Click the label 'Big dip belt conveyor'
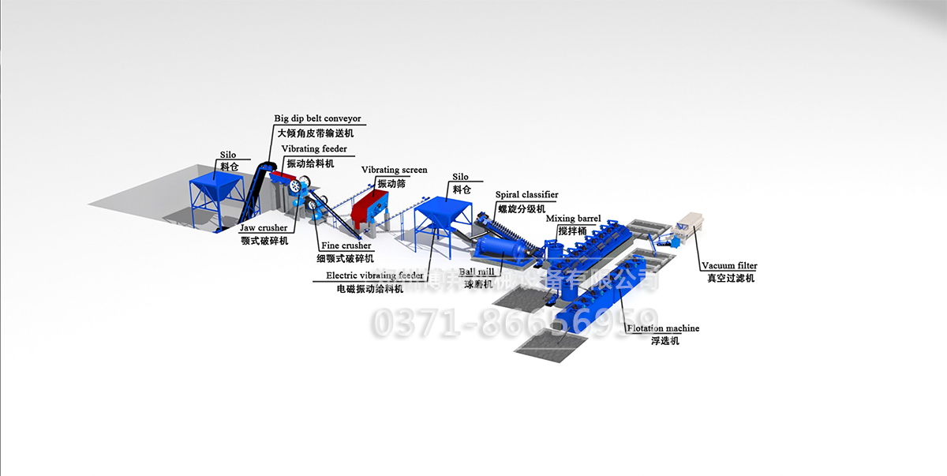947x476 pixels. (x=317, y=118)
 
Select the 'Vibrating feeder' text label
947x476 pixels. (x=313, y=149)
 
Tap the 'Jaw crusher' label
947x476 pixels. (x=264, y=228)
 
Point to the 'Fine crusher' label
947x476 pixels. (x=346, y=245)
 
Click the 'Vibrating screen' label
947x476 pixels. (x=394, y=170)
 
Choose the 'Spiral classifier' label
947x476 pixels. (x=526, y=194)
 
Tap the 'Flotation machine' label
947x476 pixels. (x=664, y=328)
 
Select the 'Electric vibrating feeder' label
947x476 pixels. (x=375, y=275)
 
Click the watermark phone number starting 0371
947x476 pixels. (x=513, y=322)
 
